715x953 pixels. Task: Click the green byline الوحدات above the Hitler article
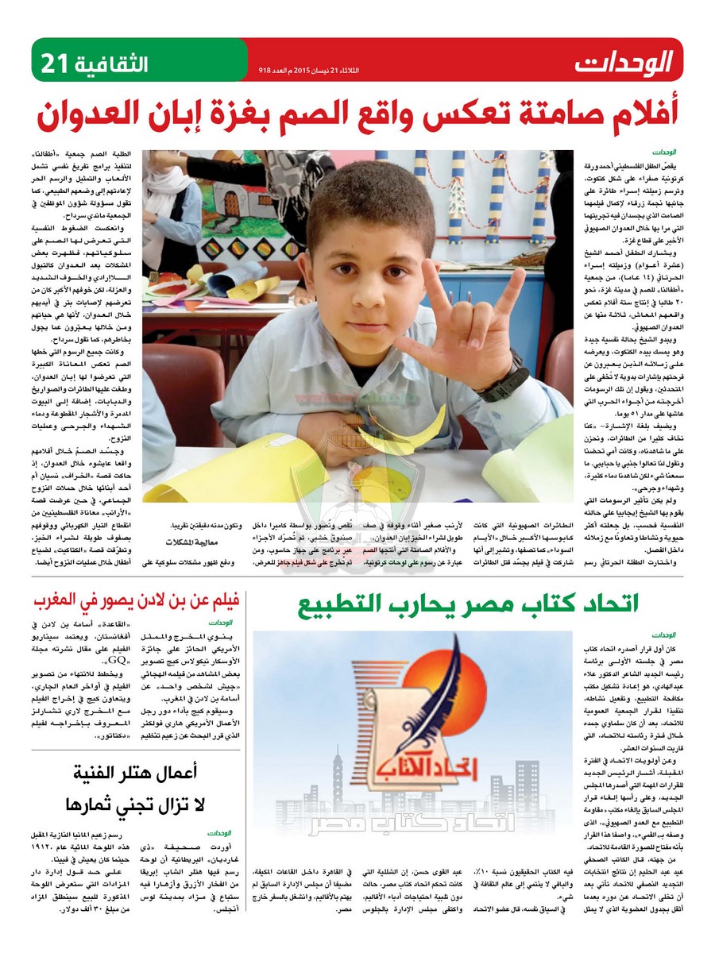tap(218, 833)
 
